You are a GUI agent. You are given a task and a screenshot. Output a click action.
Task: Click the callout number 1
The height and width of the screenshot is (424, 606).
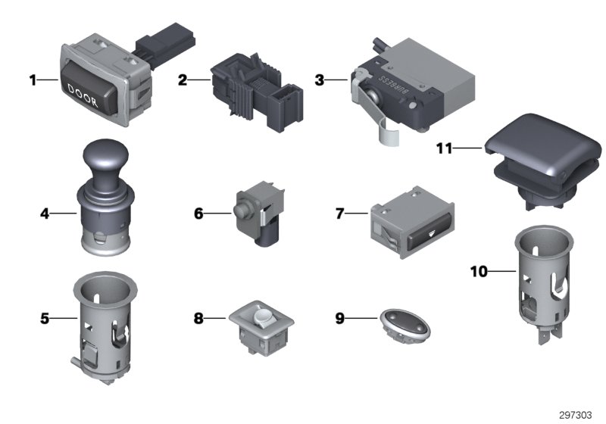click(33, 79)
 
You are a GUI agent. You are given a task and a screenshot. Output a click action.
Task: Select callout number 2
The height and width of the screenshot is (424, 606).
click(183, 79)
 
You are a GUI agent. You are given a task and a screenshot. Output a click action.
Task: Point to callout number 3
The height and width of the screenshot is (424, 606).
click(320, 79)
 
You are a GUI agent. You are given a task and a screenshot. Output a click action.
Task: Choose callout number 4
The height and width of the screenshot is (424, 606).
click(45, 214)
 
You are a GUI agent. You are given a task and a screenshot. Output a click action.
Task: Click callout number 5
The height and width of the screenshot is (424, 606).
click(45, 319)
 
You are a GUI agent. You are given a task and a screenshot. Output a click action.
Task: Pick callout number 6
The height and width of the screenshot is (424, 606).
click(198, 214)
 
